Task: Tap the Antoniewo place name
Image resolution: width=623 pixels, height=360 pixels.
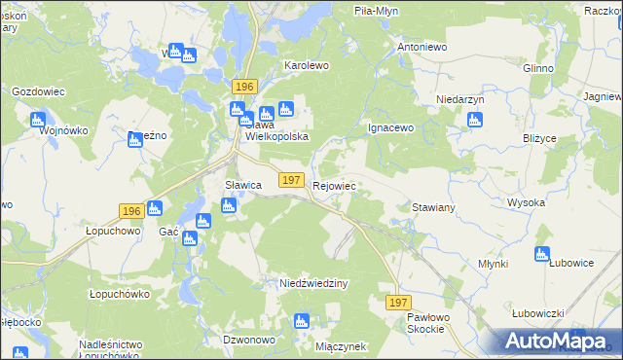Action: (421, 46)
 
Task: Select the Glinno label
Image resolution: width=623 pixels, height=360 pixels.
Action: (537, 68)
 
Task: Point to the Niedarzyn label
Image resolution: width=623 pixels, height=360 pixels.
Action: (460, 100)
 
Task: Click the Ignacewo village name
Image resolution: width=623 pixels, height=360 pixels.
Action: (391, 127)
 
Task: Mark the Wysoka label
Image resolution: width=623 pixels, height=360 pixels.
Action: (526, 202)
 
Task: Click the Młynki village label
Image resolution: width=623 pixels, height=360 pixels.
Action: (495, 263)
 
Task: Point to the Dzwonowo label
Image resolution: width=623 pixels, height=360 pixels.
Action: (247, 340)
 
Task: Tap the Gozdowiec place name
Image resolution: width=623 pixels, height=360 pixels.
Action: (38, 91)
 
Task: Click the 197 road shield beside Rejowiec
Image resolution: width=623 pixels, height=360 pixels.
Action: (290, 180)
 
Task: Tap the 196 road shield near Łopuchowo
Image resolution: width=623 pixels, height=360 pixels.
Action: (132, 211)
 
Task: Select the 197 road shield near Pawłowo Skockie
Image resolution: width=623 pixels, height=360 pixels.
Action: (397, 304)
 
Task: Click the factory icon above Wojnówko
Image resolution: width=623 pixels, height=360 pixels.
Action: (38, 120)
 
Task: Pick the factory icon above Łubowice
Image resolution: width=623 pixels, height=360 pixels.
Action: (542, 255)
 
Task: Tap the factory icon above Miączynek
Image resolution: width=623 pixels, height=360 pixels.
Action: (302, 320)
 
